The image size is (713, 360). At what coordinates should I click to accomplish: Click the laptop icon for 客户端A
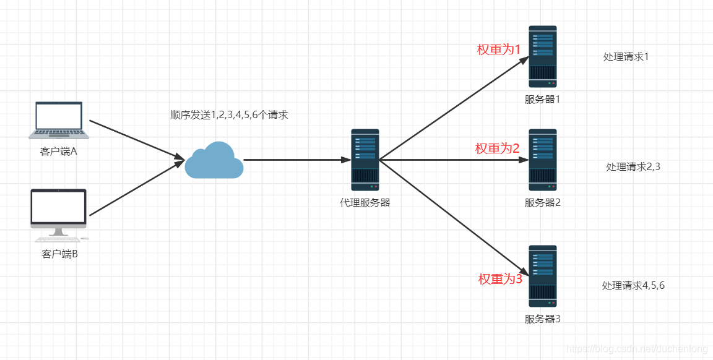[59, 119]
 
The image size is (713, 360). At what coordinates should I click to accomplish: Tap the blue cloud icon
[214, 160]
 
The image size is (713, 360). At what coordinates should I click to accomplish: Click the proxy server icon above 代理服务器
[365, 160]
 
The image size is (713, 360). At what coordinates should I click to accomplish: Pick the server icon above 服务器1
[542, 57]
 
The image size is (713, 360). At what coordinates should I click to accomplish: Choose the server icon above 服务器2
[542, 160]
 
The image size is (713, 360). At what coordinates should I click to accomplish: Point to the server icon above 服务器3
[542, 276]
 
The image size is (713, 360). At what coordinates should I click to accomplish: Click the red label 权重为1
[498, 49]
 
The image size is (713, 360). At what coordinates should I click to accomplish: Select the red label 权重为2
[498, 148]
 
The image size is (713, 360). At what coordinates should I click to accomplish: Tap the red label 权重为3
[500, 279]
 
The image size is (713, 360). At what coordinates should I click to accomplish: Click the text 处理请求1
[626, 57]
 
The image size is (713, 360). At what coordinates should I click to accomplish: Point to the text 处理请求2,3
[633, 167]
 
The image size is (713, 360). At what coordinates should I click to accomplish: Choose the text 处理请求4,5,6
[633, 286]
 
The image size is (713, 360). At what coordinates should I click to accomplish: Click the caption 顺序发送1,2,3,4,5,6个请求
[229, 115]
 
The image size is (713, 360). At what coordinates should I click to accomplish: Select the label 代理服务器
[365, 203]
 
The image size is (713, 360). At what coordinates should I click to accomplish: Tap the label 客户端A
[59, 152]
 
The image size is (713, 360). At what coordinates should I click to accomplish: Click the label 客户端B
[59, 254]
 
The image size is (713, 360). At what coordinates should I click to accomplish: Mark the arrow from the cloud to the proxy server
[297, 160]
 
